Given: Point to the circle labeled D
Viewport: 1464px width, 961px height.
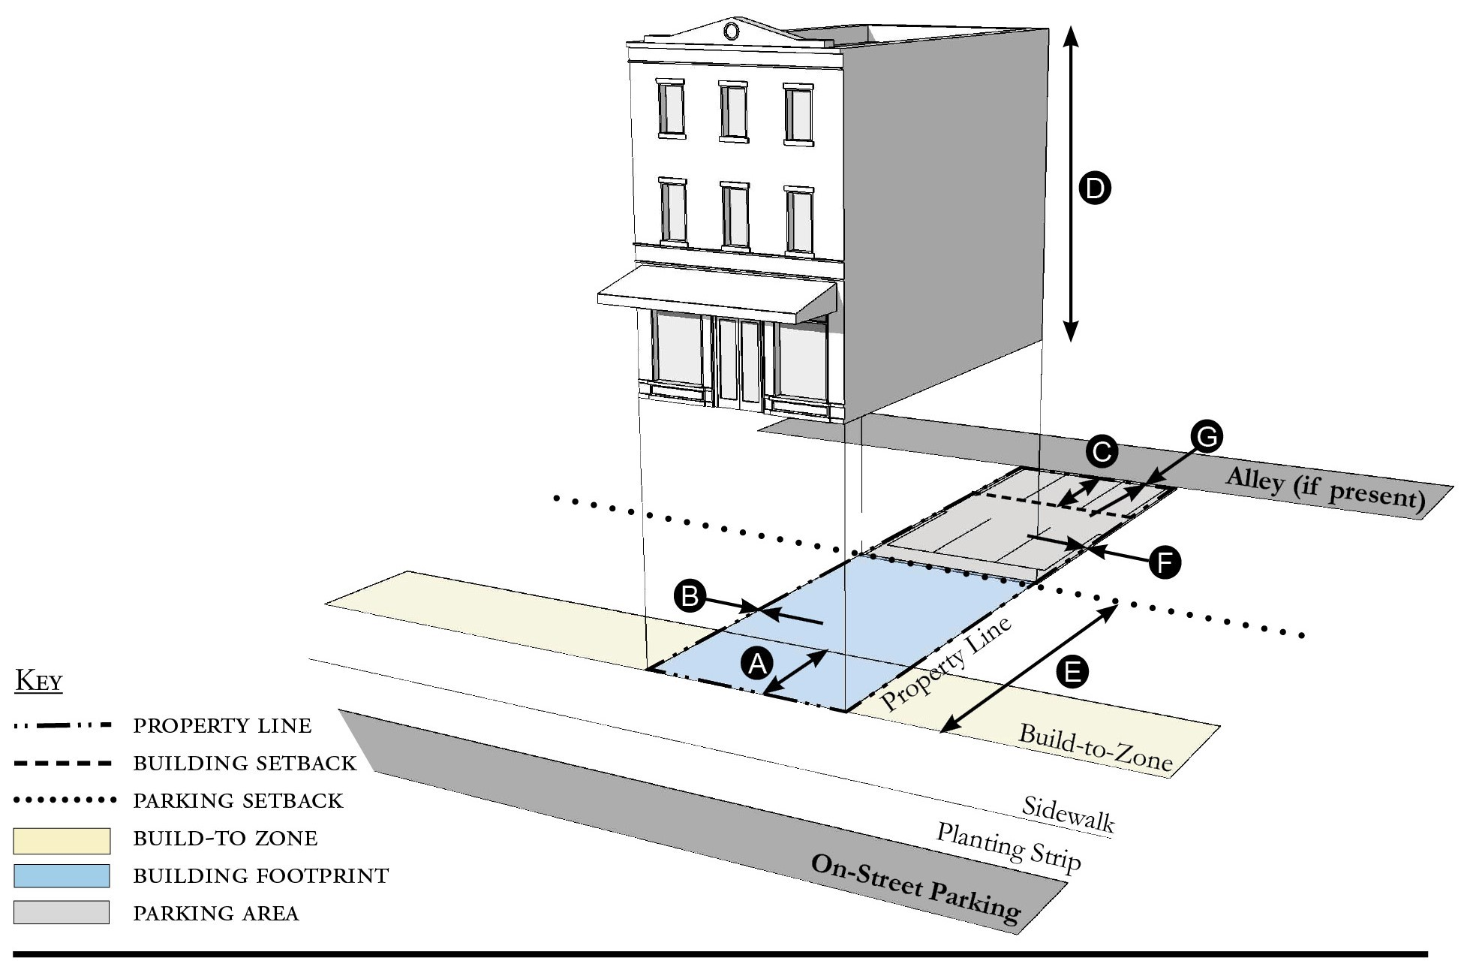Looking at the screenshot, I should click(x=1095, y=188).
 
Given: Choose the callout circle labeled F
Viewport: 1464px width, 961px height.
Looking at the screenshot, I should click(x=1165, y=562).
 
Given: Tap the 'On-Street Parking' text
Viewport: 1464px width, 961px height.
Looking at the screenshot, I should click(x=916, y=889).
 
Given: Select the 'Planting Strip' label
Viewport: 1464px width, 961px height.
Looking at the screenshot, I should click(x=1009, y=846).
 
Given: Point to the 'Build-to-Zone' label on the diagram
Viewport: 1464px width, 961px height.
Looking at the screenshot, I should click(x=1095, y=749).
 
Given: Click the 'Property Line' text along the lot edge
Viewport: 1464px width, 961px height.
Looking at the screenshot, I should click(x=946, y=664).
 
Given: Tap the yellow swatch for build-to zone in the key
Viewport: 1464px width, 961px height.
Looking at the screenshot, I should click(x=62, y=841).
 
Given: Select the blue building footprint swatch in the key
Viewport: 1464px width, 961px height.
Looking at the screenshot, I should click(x=62, y=876).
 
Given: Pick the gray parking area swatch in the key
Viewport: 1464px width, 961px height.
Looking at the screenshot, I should click(x=62, y=912).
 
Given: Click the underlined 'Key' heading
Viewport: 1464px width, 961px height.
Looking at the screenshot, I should click(x=39, y=682).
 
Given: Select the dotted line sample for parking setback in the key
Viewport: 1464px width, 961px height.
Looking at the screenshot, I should click(x=65, y=800).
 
